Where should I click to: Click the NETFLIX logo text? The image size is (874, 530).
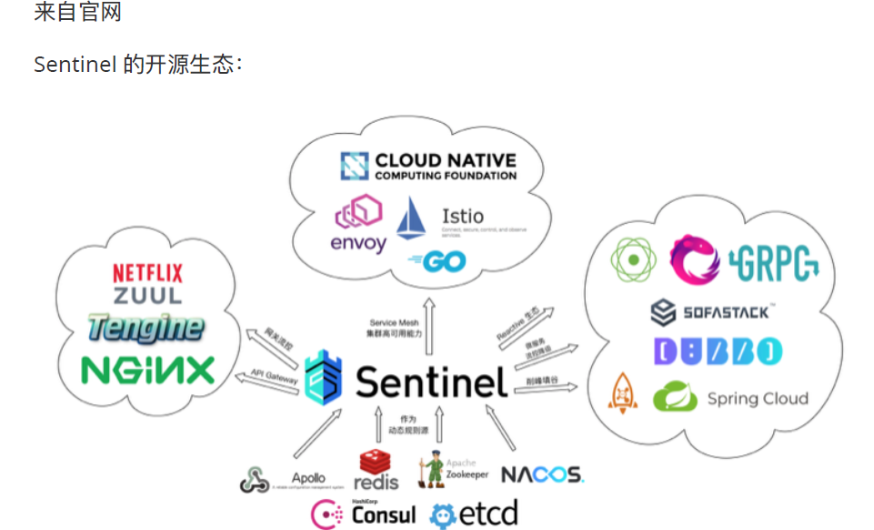click(x=147, y=272)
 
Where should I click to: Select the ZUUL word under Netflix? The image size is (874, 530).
click(x=147, y=295)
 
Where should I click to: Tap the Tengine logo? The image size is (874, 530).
click(x=146, y=328)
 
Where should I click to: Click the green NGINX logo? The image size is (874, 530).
click(x=147, y=369)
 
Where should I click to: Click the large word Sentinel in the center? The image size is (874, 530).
click(x=431, y=382)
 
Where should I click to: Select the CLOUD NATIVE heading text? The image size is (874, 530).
click(x=444, y=161)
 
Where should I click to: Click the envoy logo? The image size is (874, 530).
click(x=357, y=228)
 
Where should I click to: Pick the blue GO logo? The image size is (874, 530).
click(x=438, y=261)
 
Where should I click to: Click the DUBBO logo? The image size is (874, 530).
click(x=717, y=352)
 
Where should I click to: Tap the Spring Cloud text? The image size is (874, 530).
click(x=758, y=399)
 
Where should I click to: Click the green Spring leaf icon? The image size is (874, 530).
click(x=675, y=398)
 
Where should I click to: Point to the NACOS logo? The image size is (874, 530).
click(x=542, y=474)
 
